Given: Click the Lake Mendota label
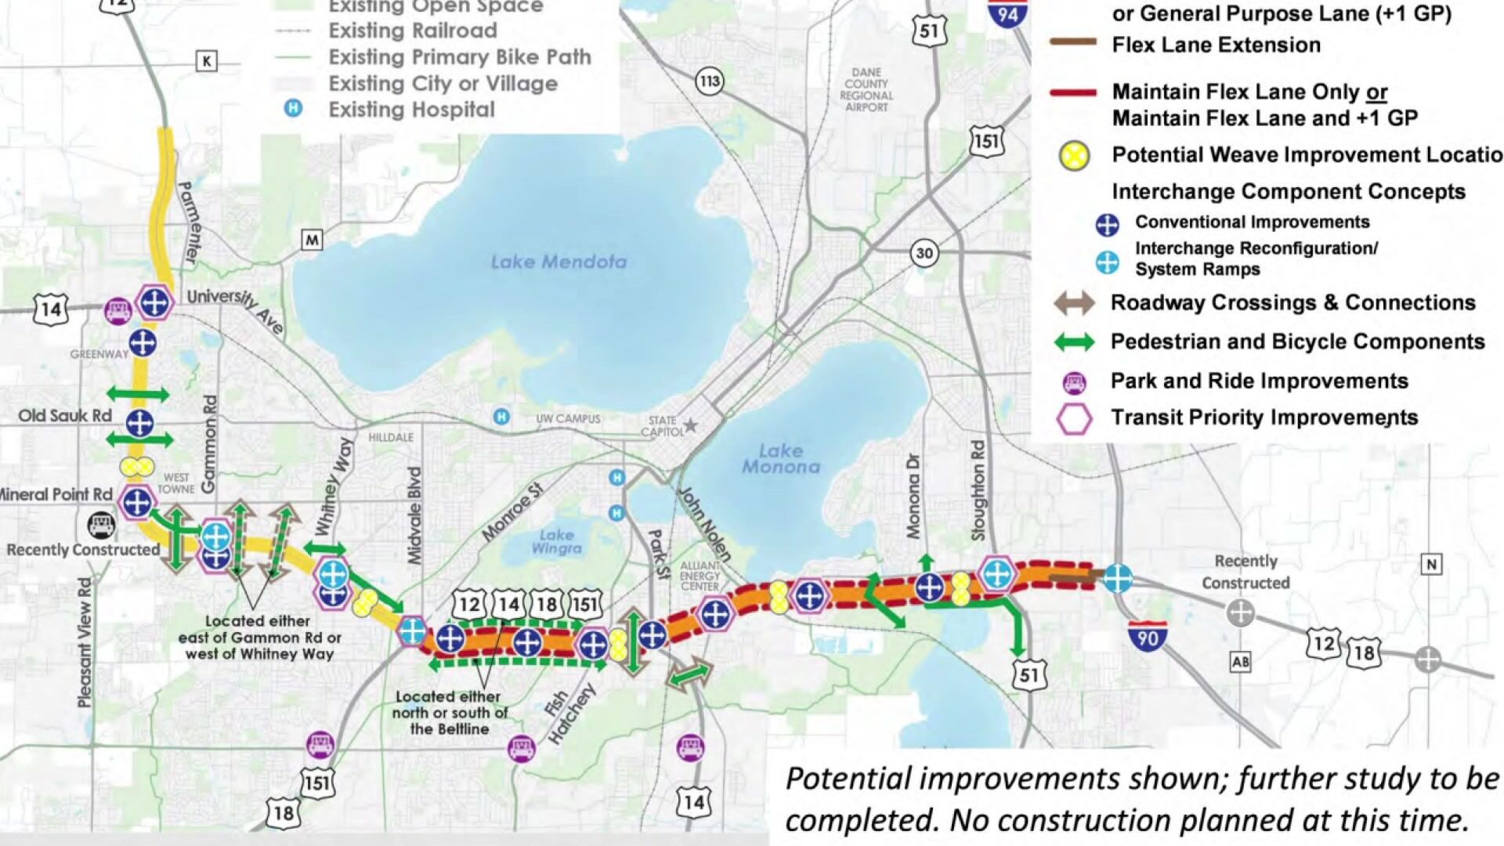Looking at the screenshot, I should [x=559, y=262].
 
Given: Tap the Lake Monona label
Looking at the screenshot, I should [x=781, y=459].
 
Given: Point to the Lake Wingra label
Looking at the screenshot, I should [x=556, y=541].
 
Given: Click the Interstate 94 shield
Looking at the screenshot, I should [x=1007, y=13].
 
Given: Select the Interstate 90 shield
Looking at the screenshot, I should [x=1148, y=636].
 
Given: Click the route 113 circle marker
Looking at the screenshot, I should [x=709, y=81].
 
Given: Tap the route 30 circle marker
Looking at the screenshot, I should [x=924, y=253].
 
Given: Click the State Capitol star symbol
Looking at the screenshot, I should [x=690, y=426].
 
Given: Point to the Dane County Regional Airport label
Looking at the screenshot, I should [x=866, y=89].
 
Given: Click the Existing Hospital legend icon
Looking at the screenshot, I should [x=293, y=108].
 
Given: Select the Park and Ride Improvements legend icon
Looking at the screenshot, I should [x=1074, y=382].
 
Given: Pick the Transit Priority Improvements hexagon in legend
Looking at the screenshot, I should [x=1074, y=418].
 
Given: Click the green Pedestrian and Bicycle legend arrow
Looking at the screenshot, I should [x=1074, y=342].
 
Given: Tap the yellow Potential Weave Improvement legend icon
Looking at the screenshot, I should [x=1075, y=155].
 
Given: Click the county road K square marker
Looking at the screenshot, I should [x=206, y=61].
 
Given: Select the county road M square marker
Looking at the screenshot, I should [x=312, y=240].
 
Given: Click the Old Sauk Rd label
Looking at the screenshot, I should [x=65, y=416].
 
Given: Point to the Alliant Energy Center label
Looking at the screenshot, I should [x=700, y=576].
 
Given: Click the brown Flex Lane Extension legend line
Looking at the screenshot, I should [x=1073, y=44].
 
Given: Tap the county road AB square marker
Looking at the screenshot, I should [x=1240, y=662].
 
